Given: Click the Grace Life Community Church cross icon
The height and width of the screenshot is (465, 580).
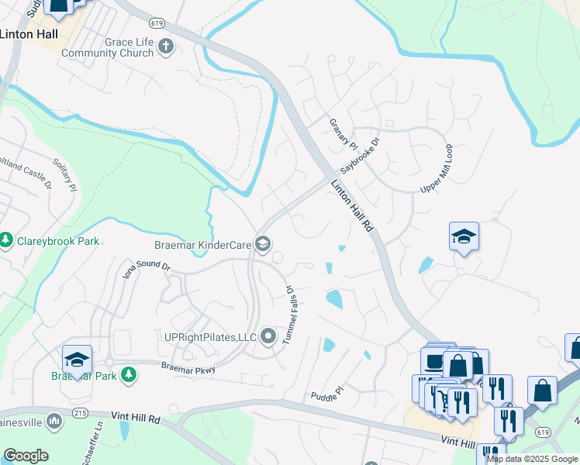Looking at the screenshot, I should [165, 47].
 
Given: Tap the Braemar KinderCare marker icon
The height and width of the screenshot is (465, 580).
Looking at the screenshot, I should [263, 245].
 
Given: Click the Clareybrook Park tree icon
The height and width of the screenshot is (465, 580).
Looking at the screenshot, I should [7, 241].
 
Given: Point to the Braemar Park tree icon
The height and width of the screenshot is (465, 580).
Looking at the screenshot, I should [129, 376].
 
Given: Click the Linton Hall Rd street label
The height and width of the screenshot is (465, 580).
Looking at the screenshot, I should [353, 207].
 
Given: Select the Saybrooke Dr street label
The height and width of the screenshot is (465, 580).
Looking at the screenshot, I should [362, 156].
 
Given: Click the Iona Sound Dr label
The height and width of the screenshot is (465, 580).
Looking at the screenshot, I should [147, 270].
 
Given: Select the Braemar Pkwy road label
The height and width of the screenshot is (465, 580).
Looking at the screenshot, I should [188, 368].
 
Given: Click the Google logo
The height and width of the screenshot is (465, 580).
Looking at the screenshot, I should [26, 456].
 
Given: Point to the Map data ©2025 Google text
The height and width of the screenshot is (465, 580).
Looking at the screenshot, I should [533, 459].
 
